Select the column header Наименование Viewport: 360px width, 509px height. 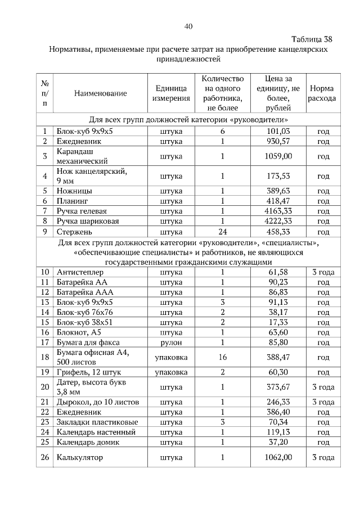[x=100, y=93]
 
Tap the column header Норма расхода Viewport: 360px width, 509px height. [x=322, y=93]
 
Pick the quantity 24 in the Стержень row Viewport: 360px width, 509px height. [x=222, y=231]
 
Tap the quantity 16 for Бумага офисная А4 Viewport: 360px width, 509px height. [x=222, y=357]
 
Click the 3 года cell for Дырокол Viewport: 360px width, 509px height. [x=323, y=402]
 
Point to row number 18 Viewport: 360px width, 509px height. [x=45, y=357]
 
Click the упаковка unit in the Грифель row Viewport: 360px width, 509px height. [x=171, y=372]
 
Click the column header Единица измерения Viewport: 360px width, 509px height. [x=171, y=93]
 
